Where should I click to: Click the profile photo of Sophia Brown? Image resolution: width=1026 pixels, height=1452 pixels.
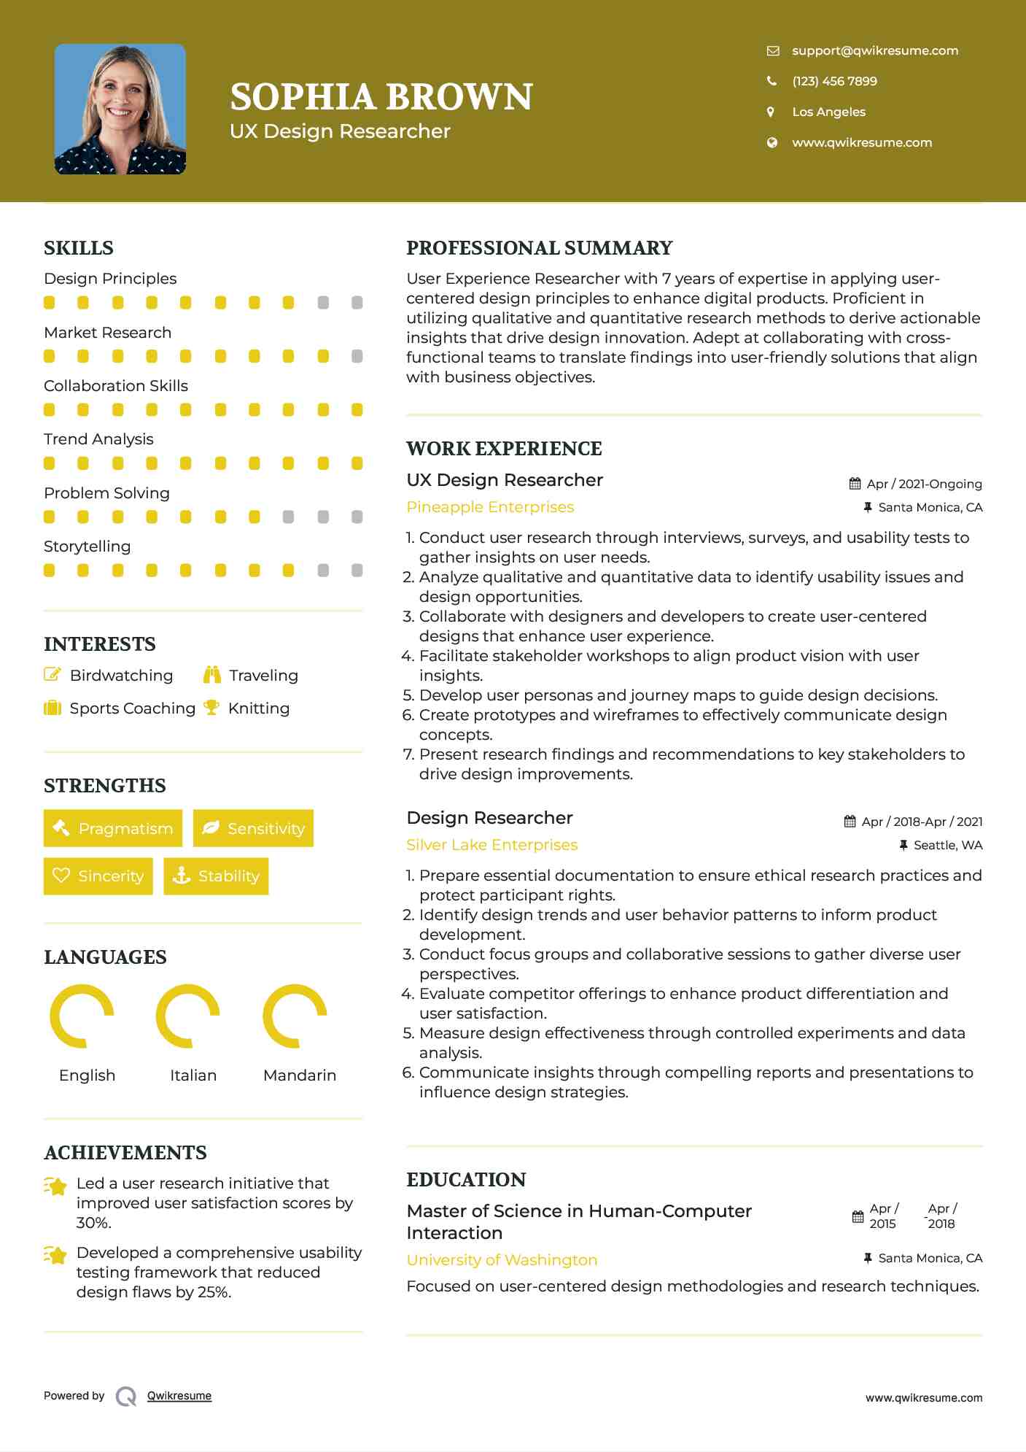(120, 109)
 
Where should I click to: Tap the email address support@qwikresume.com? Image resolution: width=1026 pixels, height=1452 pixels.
(874, 50)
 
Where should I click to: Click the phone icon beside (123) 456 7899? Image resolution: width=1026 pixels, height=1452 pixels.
(772, 81)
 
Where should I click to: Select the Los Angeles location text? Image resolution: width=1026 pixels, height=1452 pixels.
(828, 112)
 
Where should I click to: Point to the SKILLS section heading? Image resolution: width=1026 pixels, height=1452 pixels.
(79, 248)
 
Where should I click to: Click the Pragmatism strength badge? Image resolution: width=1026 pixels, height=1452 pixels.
(113, 828)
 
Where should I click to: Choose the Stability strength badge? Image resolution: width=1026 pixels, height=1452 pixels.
(216, 876)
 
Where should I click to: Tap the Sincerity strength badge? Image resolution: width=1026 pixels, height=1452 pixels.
(98, 876)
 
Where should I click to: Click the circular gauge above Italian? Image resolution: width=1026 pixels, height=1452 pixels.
(188, 1016)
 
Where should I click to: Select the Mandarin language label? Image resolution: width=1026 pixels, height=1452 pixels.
(299, 1075)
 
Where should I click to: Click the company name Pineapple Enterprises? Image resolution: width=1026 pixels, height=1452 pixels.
(490, 507)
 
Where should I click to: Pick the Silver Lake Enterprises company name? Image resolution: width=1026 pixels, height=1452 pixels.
(491, 845)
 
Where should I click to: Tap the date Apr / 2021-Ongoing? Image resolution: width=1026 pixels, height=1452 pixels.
(923, 484)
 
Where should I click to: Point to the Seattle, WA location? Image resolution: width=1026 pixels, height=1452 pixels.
(947, 845)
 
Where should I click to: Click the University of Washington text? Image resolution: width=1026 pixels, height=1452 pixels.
(502, 1260)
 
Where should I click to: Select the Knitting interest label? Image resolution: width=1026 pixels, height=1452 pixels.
(259, 708)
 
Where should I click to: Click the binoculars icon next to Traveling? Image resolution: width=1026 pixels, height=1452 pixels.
(212, 675)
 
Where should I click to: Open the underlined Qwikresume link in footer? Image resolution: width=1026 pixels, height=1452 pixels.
(179, 1396)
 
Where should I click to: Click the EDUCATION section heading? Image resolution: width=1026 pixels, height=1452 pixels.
(466, 1180)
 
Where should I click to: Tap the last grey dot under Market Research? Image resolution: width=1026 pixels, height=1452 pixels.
(357, 356)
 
